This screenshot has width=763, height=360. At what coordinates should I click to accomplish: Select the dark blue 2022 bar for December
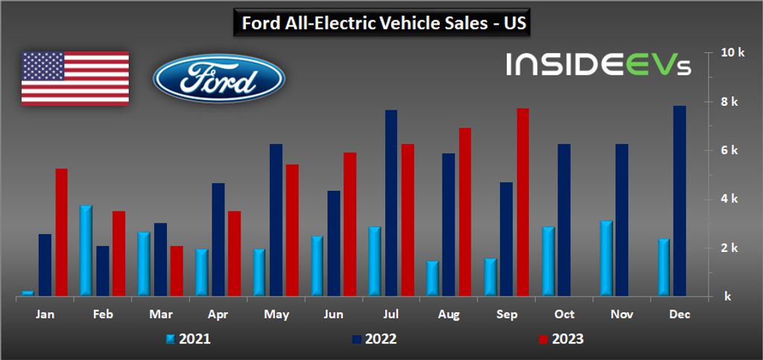[x=680, y=200]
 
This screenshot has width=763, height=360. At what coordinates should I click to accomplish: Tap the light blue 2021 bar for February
[x=86, y=250]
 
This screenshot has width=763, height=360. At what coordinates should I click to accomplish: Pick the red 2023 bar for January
[x=61, y=232]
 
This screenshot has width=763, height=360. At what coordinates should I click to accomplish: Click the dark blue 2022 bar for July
[x=391, y=203]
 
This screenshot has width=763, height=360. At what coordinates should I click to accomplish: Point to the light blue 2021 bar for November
[x=606, y=259]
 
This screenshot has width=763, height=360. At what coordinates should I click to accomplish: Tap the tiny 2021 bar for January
[x=28, y=293]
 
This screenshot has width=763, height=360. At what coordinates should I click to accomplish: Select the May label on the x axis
[x=276, y=315]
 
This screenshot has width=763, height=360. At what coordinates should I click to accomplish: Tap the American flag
[x=75, y=78]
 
